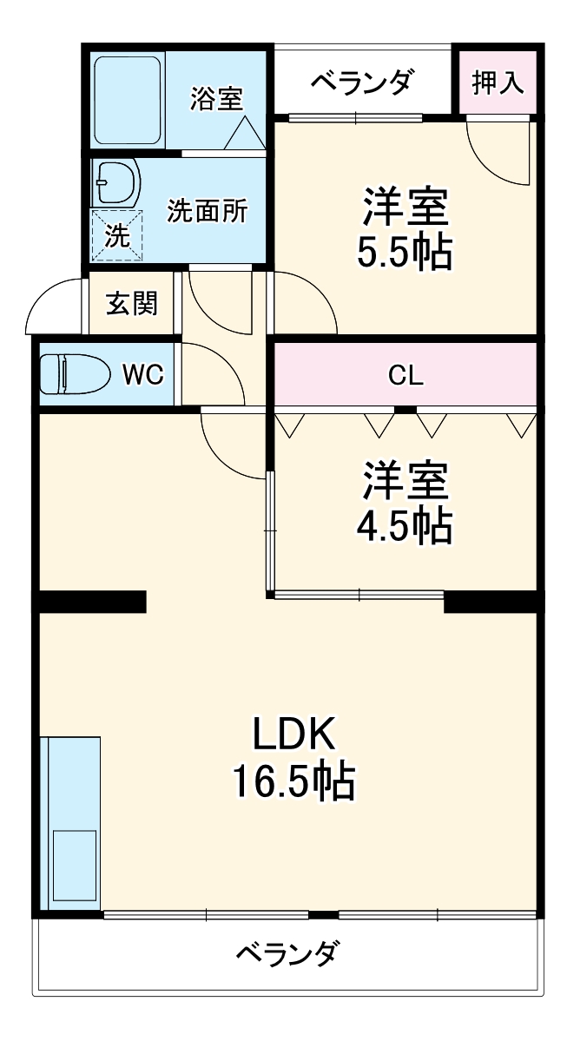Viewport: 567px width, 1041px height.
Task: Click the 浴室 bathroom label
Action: coord(216,98)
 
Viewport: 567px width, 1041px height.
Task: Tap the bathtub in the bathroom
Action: coord(128,101)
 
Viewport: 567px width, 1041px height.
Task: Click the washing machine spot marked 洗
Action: coord(116,234)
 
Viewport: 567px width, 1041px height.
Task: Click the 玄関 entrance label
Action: coord(132,304)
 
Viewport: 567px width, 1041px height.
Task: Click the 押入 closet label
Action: coord(498,82)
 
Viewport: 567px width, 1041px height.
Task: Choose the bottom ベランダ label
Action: coord(287,953)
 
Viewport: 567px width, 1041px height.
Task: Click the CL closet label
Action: coord(405,375)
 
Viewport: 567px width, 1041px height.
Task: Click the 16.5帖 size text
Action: coord(293,782)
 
